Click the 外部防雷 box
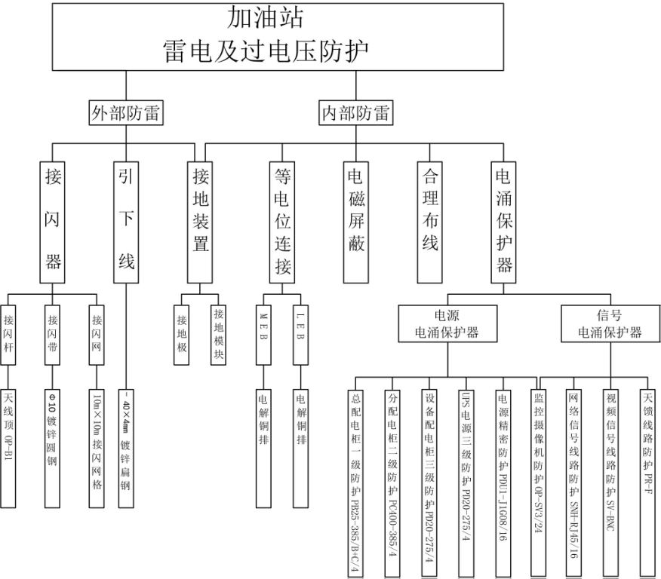click(x=126, y=113)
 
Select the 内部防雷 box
click(x=356, y=113)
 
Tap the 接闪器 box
click(x=53, y=220)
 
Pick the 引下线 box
click(x=126, y=220)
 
